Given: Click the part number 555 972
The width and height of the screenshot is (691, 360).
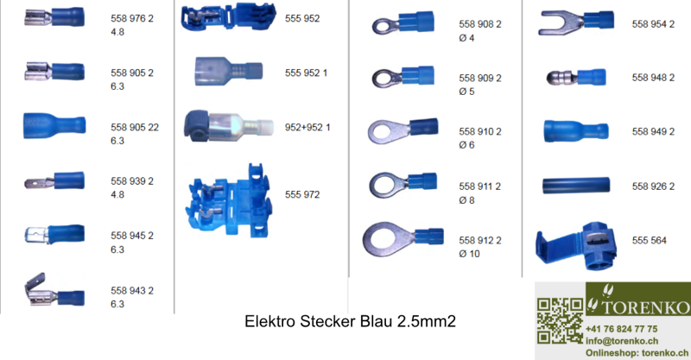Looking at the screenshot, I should click(x=302, y=195).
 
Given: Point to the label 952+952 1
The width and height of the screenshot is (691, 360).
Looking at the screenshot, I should click(x=307, y=127).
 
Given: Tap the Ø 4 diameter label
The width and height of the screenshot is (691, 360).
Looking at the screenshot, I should click(x=466, y=37).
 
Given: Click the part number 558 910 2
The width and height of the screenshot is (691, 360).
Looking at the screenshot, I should click(x=479, y=132).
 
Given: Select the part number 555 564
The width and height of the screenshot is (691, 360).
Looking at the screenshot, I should click(x=650, y=240).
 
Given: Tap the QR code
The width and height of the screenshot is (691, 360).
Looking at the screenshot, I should click(x=559, y=320).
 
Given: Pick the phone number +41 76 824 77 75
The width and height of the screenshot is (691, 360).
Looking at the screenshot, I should click(x=621, y=329).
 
